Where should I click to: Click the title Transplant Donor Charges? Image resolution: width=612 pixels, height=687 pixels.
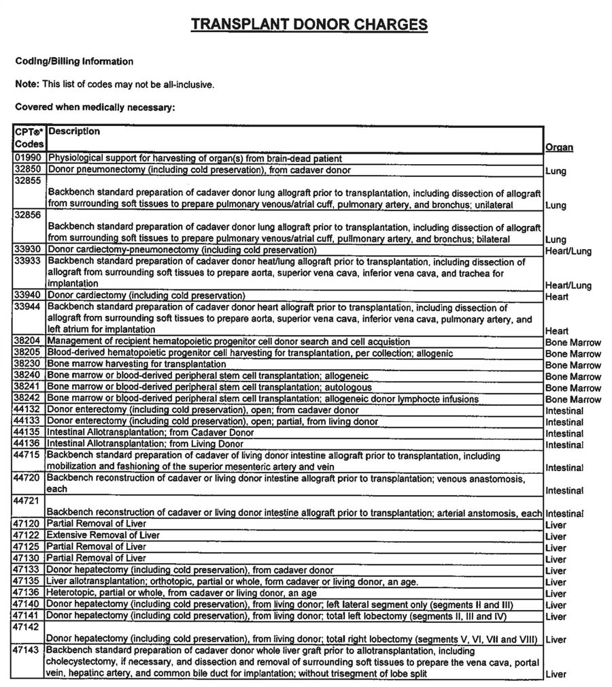click(x=309, y=25)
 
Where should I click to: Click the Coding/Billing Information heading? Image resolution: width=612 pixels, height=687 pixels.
click(x=74, y=62)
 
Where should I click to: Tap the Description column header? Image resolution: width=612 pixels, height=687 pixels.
click(x=74, y=131)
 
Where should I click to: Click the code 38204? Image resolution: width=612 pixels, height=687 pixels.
click(x=28, y=342)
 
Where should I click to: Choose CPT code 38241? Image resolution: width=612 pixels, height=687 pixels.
click(x=28, y=387)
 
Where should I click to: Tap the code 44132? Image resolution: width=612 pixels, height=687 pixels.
click(x=28, y=411)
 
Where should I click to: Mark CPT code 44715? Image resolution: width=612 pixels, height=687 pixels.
click(x=28, y=456)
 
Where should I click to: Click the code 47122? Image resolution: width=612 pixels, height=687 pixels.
click(x=28, y=536)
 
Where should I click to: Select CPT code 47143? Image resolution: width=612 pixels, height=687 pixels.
click(x=28, y=651)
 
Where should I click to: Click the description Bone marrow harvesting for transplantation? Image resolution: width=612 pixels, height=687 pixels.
click(x=137, y=365)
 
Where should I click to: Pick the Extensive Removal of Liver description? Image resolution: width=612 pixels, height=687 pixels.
click(x=103, y=536)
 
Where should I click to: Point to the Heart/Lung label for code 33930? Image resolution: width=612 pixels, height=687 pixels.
click(x=568, y=251)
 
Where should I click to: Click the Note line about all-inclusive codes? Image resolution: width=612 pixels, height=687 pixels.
click(x=115, y=85)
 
